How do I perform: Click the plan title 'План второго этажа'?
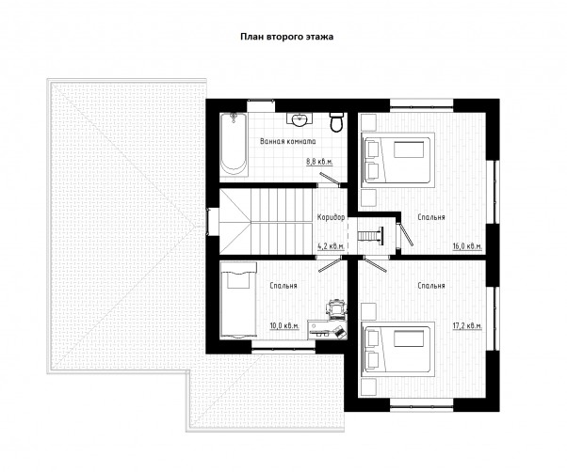pyautogui.click(x=287, y=37)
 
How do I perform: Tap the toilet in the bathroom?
pyautogui.click(x=337, y=122)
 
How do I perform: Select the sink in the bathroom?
pyautogui.click(x=300, y=119)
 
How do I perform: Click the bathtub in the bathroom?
pyautogui.click(x=234, y=145)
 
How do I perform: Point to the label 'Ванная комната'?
pyautogui.click(x=288, y=141)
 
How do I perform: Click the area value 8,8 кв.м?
pyautogui.click(x=319, y=162)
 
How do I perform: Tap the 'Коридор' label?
pyautogui.click(x=331, y=217)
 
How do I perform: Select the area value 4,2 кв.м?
pyautogui.click(x=331, y=246)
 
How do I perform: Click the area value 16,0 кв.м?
pyautogui.click(x=467, y=246)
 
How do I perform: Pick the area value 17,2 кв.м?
pyautogui.click(x=467, y=326)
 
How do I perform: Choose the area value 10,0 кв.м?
pyautogui.click(x=284, y=326)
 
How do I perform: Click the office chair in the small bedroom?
pyautogui.click(x=336, y=309)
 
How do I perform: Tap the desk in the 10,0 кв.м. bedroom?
pyautogui.click(x=327, y=329)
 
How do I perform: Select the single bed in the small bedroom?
pyautogui.click(x=238, y=300)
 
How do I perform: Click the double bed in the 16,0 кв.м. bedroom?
pyautogui.click(x=397, y=158)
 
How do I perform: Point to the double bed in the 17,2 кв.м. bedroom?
pyautogui.click(x=397, y=348)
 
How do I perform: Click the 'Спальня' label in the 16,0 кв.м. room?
pyautogui.click(x=431, y=217)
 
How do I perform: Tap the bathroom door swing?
pyautogui.click(x=329, y=179)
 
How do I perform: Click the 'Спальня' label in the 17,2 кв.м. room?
pyautogui.click(x=431, y=286)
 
